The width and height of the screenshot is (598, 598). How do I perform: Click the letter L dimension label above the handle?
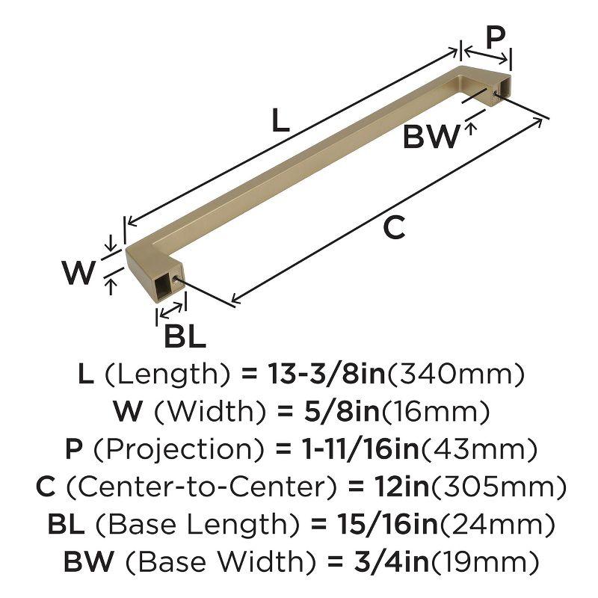click(280, 120)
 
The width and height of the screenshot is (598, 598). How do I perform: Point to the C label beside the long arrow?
click(394, 227)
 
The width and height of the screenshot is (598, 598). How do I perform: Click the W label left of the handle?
click(78, 272)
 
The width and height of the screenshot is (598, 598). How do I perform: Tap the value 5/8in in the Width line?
click(342, 410)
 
